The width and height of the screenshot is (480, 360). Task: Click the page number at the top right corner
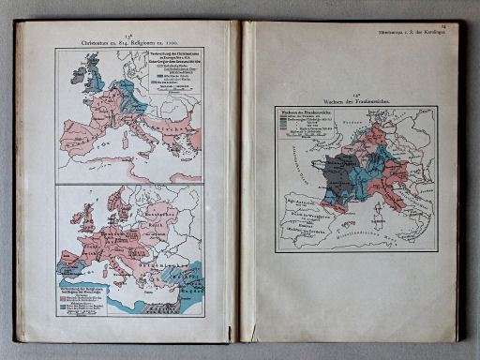pos(455,27)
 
